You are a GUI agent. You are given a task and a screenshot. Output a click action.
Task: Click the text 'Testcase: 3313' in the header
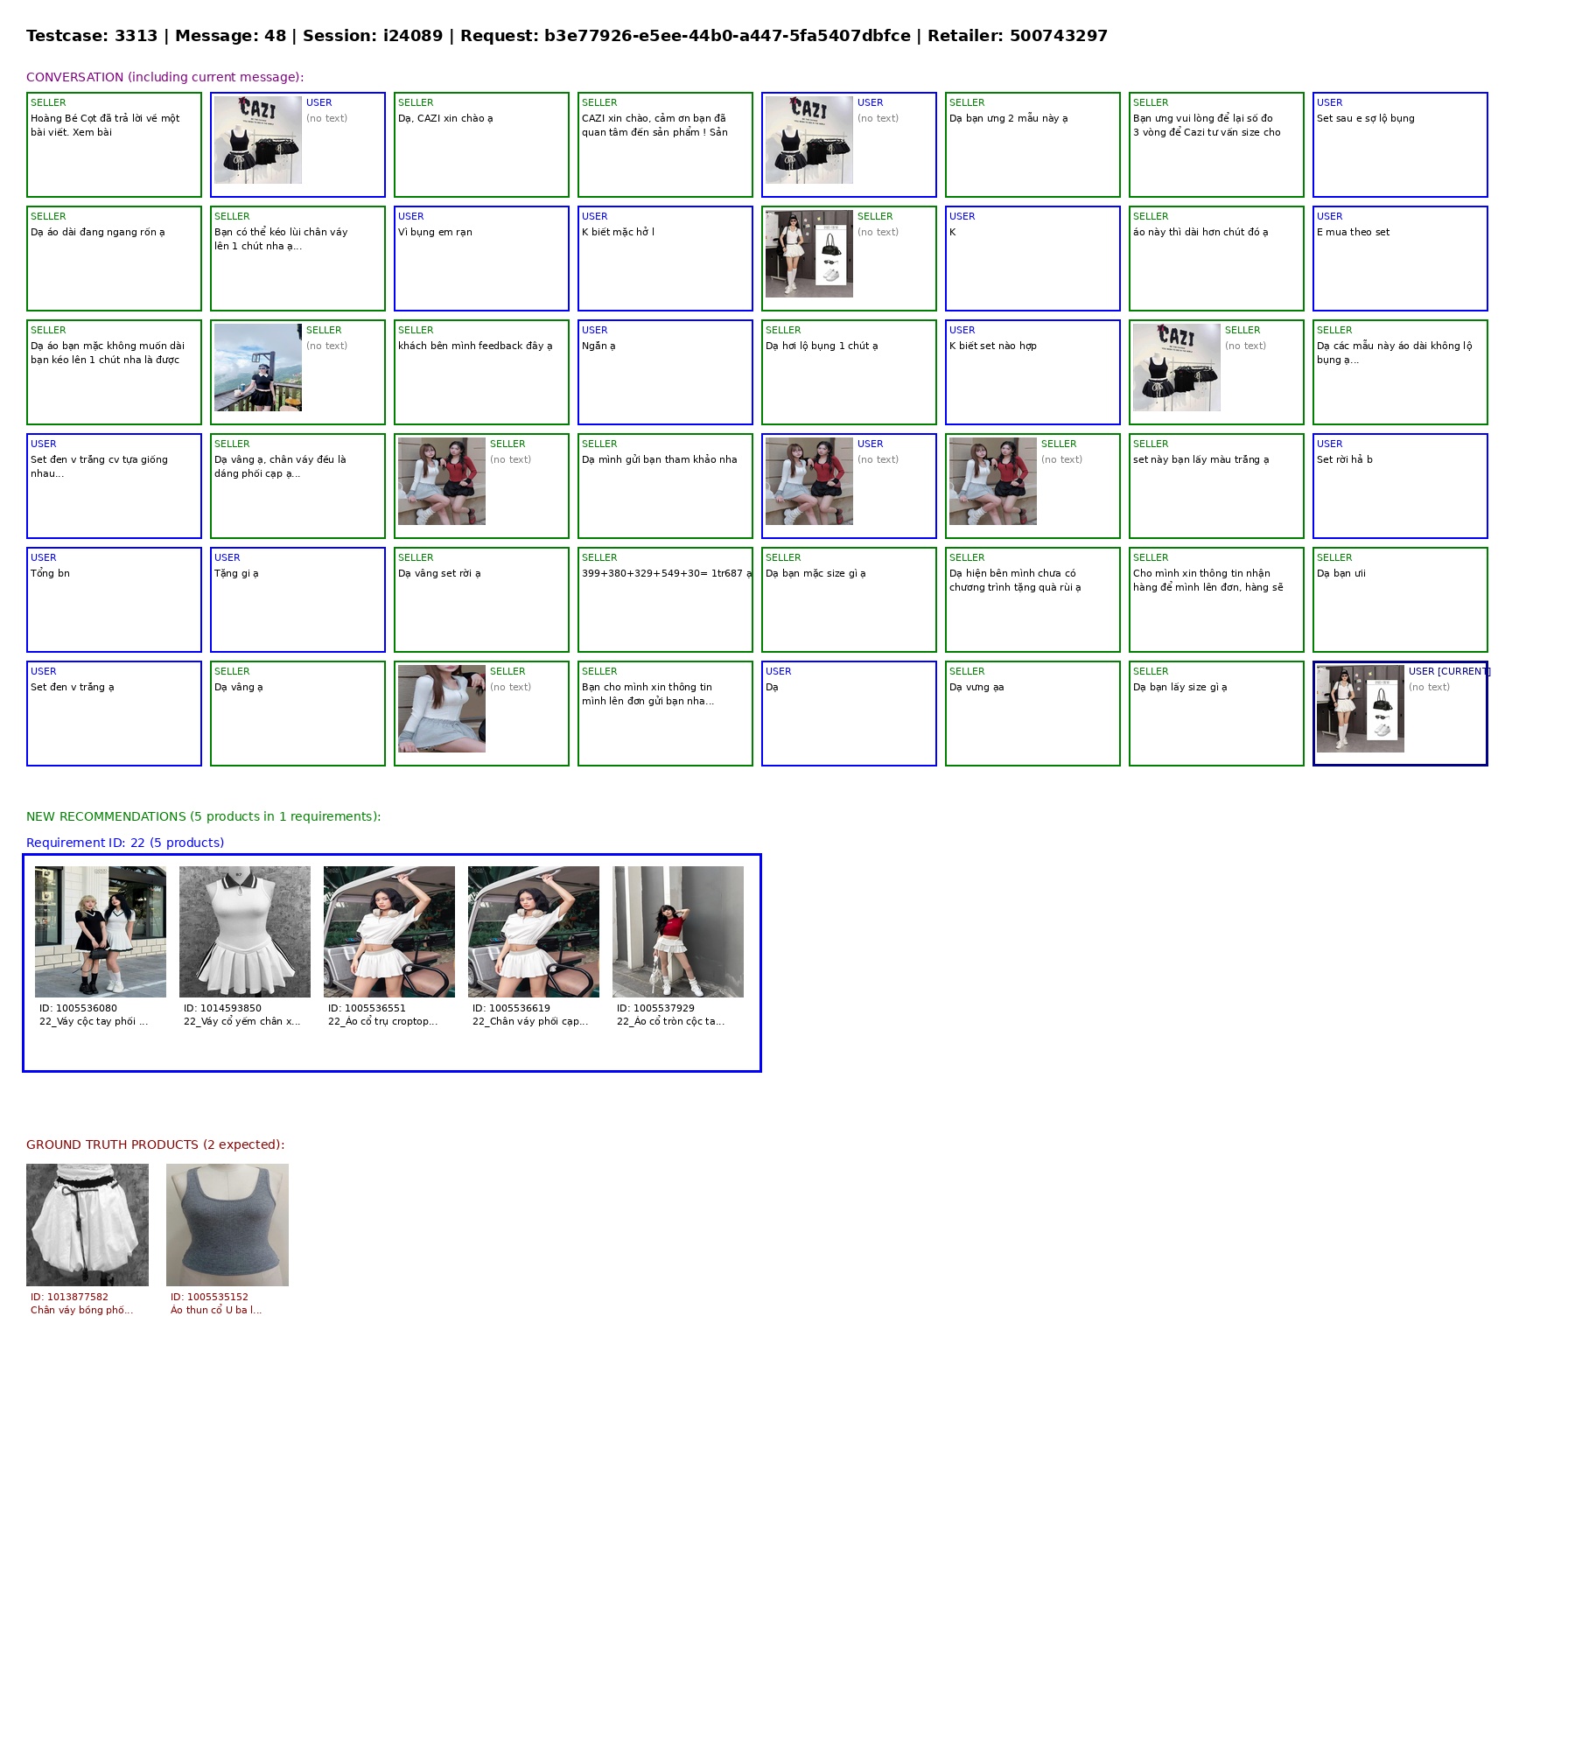tap(92, 36)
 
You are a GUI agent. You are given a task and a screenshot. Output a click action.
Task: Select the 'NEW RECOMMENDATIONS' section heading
tap(106, 816)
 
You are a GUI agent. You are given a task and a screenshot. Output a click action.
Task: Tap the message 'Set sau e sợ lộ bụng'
tap(1365, 118)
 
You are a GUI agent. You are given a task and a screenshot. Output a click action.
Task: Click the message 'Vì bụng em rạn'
tap(435, 232)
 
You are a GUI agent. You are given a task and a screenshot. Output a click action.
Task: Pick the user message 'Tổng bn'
tap(50, 573)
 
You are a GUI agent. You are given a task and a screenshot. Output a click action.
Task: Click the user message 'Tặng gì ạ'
tap(236, 573)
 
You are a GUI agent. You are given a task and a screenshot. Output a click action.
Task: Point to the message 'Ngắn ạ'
tap(598, 346)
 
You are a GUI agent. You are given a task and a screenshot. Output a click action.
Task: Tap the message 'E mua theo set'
tap(1353, 232)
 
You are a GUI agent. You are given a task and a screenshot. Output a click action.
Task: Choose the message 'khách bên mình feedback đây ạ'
tap(475, 346)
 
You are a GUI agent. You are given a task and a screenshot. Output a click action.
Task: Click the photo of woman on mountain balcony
tap(258, 367)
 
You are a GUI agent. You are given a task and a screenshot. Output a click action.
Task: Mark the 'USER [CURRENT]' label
tap(1449, 671)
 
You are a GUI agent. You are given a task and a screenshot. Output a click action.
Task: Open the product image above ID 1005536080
tap(101, 932)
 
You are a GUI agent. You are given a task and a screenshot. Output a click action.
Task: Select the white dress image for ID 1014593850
tap(245, 932)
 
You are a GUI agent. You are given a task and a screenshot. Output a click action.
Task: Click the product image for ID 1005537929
tap(678, 932)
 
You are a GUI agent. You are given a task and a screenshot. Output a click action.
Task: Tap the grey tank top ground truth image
tap(227, 1225)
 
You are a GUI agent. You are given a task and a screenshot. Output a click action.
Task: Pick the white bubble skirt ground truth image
tap(87, 1225)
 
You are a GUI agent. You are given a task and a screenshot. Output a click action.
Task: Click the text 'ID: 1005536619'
tap(511, 1008)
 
